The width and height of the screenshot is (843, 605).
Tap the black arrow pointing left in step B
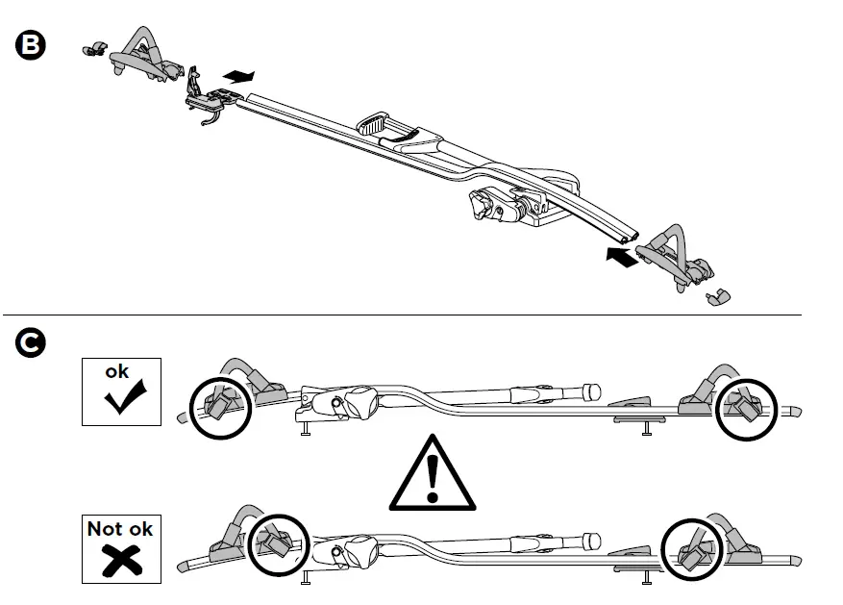622,257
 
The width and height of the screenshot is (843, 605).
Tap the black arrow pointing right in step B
240,75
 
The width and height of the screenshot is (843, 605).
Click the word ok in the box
116,371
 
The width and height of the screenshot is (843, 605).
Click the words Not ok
119,528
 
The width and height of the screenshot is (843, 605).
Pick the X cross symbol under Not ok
120,558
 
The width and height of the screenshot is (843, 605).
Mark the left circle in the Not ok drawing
280,542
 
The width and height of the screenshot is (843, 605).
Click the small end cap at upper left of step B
94,47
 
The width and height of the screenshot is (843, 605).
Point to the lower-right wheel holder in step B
679,255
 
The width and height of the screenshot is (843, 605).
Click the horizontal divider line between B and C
404,315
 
